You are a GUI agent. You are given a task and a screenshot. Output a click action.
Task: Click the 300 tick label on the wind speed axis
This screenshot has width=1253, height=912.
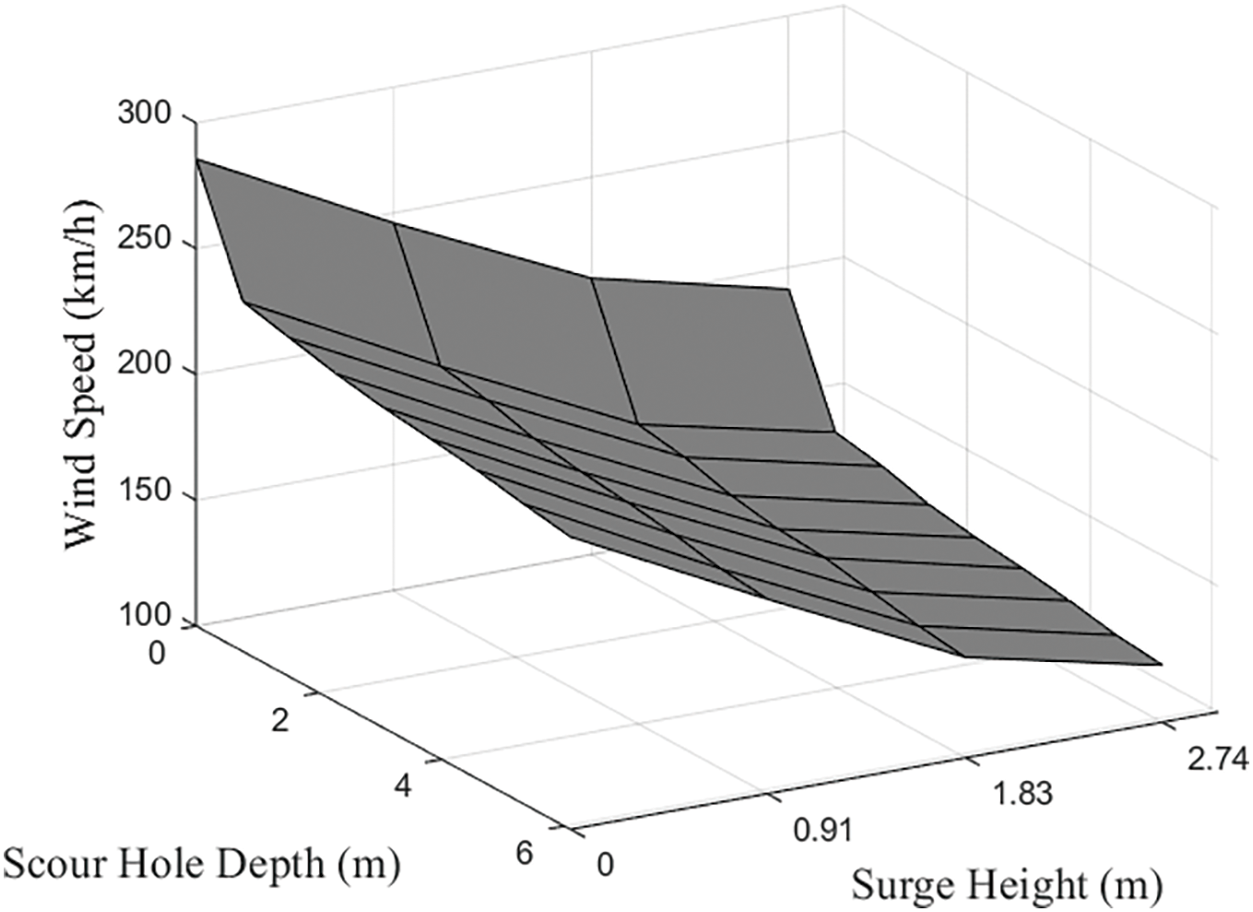(145, 114)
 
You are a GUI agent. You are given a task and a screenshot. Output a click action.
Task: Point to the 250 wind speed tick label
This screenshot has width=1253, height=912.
(145, 240)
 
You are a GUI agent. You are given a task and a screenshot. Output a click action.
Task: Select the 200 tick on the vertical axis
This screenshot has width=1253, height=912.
(145, 365)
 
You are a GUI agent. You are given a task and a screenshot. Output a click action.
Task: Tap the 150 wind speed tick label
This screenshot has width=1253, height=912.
(145, 491)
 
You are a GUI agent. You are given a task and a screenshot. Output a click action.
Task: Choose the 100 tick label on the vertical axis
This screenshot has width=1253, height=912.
(145, 616)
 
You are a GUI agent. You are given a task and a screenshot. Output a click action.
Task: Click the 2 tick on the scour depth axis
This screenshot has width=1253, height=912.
(280, 719)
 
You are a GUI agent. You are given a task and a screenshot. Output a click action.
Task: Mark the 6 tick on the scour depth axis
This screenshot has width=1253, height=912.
(524, 853)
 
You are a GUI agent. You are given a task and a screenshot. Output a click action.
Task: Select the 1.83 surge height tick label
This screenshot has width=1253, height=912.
(1022, 793)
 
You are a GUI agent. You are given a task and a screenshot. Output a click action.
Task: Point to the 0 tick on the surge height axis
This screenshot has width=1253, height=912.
(605, 865)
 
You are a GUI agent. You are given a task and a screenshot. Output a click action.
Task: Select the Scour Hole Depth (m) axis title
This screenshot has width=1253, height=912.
(201, 864)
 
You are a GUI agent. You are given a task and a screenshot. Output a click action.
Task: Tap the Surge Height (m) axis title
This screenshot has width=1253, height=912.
(1006, 885)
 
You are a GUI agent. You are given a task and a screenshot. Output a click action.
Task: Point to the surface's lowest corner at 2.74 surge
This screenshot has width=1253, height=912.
(1161, 663)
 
